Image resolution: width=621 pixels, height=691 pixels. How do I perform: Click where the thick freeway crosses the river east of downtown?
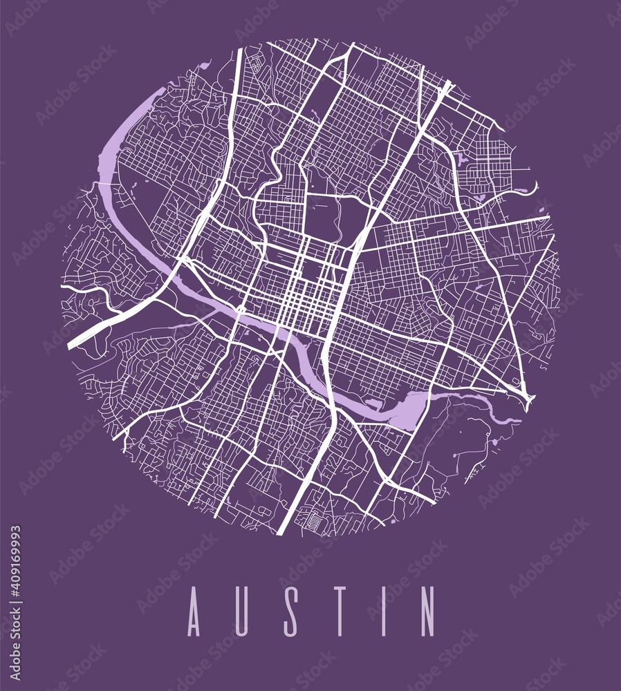pyautogui.click(x=326, y=359)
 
